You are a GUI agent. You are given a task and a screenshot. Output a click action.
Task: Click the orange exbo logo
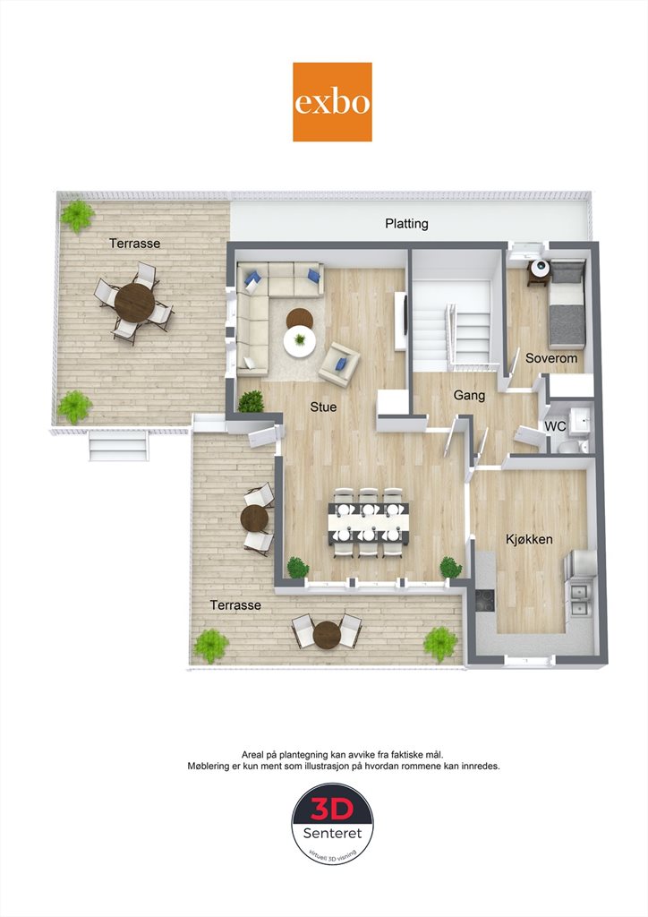[x=332, y=102]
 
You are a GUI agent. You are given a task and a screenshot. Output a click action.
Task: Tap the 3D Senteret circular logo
[x=332, y=824]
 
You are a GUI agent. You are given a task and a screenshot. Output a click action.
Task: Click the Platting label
[x=406, y=223]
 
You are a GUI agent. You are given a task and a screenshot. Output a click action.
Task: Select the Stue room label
[x=323, y=407]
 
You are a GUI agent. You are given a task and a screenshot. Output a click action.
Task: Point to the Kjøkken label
[x=529, y=539]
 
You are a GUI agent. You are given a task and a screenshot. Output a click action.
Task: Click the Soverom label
[x=551, y=358]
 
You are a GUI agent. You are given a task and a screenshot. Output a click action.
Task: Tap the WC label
[x=555, y=426]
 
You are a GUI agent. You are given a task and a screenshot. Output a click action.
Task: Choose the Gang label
[x=469, y=396]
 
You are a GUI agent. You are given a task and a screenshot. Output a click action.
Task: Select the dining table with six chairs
[x=368, y=522]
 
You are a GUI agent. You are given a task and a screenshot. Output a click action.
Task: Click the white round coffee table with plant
[x=300, y=341]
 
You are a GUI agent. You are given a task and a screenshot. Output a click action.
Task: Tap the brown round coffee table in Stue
[x=299, y=319]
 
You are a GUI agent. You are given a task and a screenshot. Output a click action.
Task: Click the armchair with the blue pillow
[x=339, y=364]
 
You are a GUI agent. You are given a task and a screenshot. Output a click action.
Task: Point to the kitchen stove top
[x=484, y=600]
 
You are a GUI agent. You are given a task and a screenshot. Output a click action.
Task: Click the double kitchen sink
[x=579, y=600]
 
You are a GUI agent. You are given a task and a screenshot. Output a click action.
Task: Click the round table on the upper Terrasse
[x=134, y=303]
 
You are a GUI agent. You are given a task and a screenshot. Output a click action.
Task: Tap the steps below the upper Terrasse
[x=119, y=447]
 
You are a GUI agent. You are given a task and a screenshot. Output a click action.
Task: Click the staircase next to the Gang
[x=452, y=324]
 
